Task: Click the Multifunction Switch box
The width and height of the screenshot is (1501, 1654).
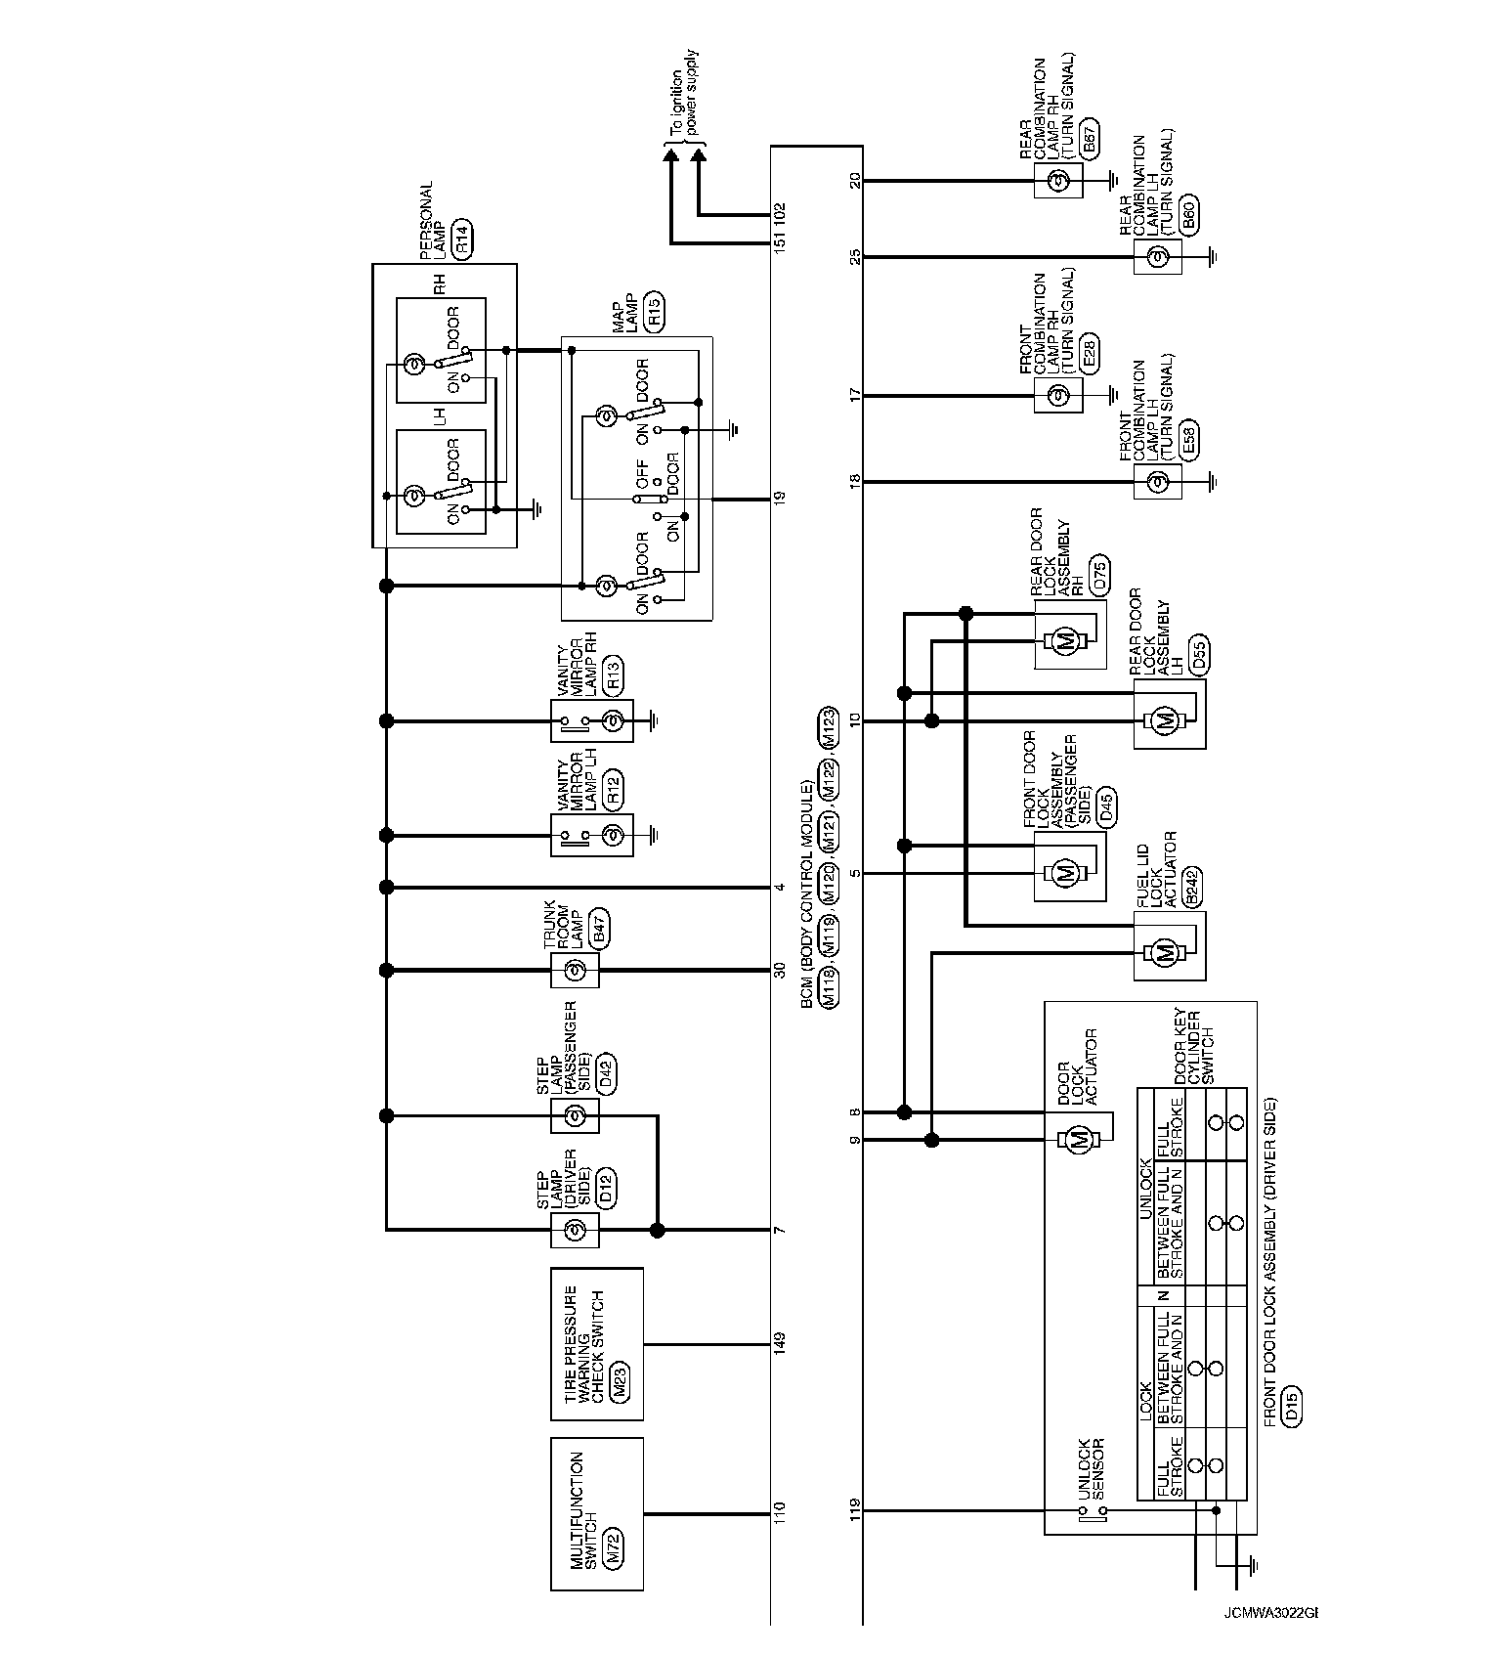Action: click(596, 1512)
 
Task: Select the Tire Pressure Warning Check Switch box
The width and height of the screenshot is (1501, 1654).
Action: click(596, 1344)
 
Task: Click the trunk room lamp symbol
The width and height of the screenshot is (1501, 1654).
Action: click(576, 971)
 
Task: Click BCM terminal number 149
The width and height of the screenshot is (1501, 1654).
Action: click(779, 1344)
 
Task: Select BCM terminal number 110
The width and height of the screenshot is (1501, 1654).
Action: click(779, 1513)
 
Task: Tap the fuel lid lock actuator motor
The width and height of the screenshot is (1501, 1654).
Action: click(1164, 953)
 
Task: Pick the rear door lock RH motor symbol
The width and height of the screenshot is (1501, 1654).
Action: click(1066, 641)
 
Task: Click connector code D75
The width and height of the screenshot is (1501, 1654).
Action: click(1100, 581)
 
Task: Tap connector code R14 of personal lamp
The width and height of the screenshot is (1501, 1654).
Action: click(462, 239)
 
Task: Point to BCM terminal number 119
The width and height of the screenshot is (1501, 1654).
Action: click(856, 1510)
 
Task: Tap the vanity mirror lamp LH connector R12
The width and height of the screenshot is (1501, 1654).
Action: click(613, 791)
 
